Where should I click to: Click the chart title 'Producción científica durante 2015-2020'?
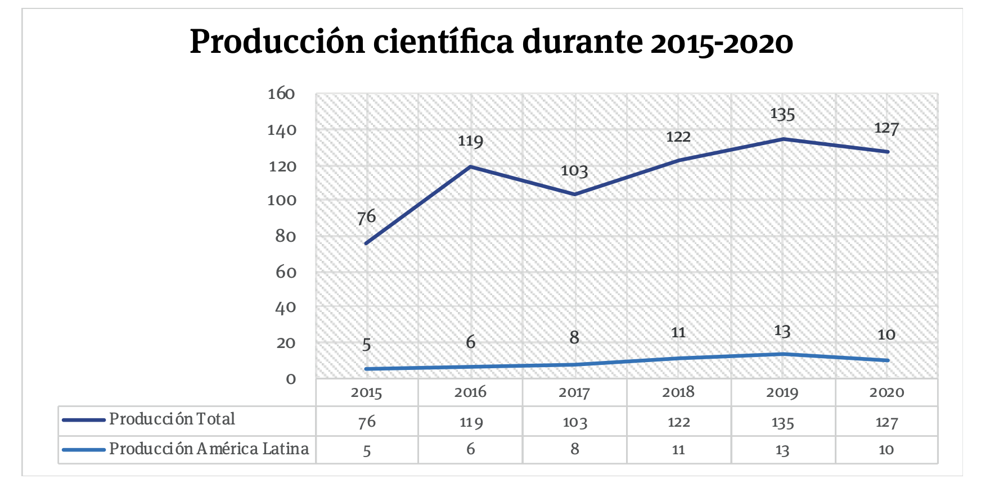click(x=491, y=42)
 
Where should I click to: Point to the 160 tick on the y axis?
click(x=281, y=94)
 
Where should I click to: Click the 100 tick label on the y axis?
click(x=281, y=200)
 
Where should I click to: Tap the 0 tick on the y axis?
click(x=290, y=379)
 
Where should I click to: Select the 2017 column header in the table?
click(x=574, y=392)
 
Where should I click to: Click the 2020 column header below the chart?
click(x=886, y=392)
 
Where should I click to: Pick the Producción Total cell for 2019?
click(x=782, y=422)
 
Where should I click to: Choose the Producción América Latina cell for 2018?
click(x=678, y=450)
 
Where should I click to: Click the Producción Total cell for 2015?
click(x=367, y=422)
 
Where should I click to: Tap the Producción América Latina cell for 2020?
click(x=886, y=450)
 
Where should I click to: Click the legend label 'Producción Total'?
click(x=172, y=419)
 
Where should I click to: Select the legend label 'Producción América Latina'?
click(x=209, y=449)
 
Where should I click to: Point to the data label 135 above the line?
click(x=782, y=114)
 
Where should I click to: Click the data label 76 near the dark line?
click(x=366, y=217)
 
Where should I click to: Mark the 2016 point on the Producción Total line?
click(x=470, y=166)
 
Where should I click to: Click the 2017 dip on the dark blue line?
click(x=574, y=195)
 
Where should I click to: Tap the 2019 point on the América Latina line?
click(x=782, y=354)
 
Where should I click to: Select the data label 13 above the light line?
click(x=782, y=331)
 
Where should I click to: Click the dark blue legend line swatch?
click(x=83, y=420)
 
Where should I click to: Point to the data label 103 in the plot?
click(x=574, y=171)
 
